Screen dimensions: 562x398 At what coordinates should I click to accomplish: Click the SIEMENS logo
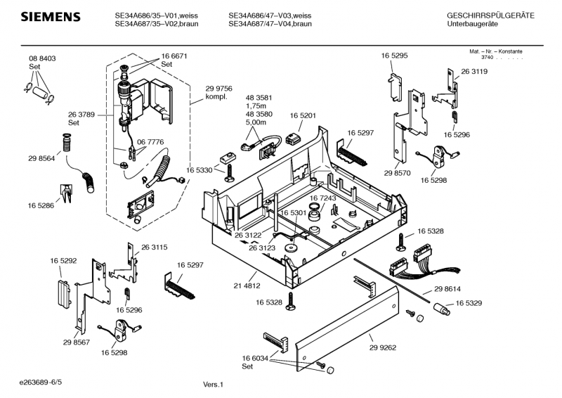[51, 17]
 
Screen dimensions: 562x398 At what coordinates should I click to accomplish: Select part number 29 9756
[218, 89]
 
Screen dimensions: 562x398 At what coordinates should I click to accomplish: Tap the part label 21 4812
[247, 285]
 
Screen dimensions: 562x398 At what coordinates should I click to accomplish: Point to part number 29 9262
[383, 347]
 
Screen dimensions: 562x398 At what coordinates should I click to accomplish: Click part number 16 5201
[303, 115]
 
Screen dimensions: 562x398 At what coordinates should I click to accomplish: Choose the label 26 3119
[474, 72]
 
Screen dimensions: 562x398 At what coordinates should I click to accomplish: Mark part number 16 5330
[200, 169]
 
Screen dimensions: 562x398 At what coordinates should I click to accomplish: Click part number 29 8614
[447, 289]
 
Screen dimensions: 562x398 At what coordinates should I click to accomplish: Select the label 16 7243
[322, 198]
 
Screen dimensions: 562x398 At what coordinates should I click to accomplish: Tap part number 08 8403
[42, 58]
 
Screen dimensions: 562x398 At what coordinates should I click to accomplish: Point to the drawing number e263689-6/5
[41, 383]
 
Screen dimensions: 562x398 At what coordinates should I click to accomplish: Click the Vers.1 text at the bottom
[214, 385]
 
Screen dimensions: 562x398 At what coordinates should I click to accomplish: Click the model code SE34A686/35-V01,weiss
[156, 15]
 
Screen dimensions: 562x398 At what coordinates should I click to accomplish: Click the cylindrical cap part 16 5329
[442, 309]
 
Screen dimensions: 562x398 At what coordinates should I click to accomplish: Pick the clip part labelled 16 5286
[66, 193]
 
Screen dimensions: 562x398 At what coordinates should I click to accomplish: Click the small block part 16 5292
[65, 292]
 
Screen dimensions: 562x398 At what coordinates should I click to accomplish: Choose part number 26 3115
[154, 248]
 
